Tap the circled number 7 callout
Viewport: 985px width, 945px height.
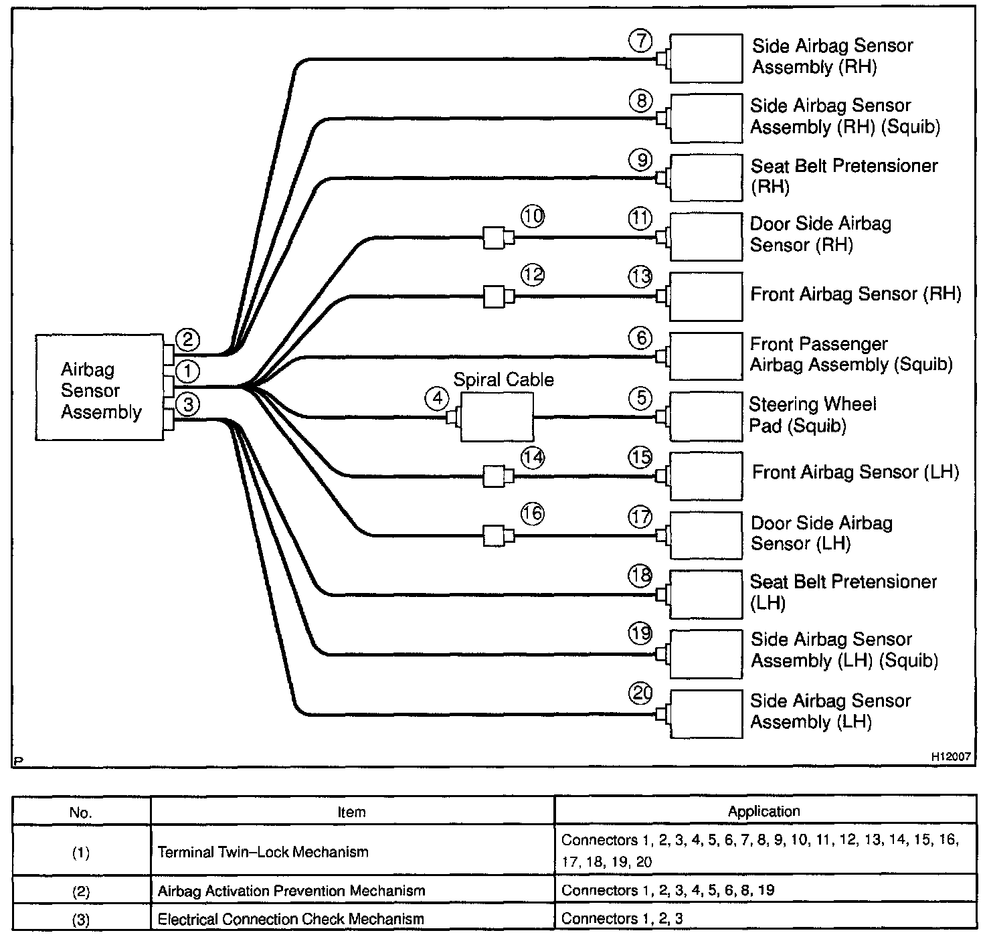pos(640,41)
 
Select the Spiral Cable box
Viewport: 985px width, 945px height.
pos(497,417)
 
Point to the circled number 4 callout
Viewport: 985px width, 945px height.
pos(437,399)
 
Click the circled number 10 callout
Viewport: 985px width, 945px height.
pos(533,217)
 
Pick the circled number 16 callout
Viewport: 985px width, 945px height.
pos(533,514)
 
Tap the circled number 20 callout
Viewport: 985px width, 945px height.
pos(640,693)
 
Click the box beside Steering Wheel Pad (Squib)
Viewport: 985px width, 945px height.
pos(706,417)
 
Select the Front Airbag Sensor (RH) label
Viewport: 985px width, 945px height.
pos(855,294)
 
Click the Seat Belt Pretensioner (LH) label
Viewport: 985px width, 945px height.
pos(843,592)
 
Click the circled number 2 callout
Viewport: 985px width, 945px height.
pos(187,340)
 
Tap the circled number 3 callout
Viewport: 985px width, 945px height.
pos(188,404)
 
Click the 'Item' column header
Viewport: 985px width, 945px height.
pos(351,812)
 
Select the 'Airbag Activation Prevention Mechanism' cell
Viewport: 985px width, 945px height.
pos(291,891)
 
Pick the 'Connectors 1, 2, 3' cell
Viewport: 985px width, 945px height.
pos(622,918)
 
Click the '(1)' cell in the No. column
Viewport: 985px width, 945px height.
pos(80,853)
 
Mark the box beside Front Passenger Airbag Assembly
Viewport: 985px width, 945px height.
pos(706,356)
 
